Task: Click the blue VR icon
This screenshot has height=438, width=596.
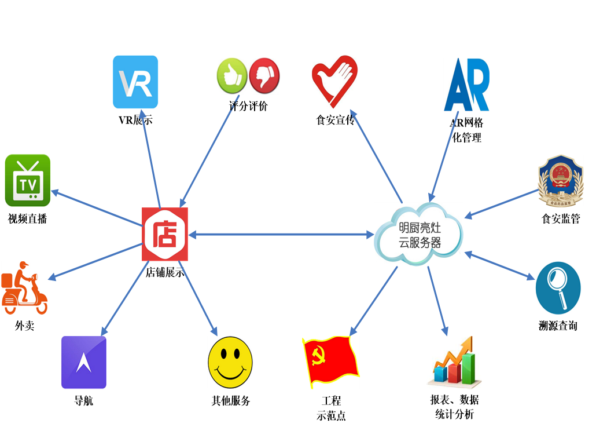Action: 135,82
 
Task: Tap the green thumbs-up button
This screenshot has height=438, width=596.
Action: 232,76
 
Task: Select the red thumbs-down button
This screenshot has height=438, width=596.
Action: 264,76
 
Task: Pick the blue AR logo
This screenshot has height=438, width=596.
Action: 467,85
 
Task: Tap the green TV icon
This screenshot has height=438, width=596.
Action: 28,181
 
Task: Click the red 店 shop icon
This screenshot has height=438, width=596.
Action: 165,234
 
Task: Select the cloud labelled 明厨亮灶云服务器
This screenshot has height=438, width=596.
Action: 419,235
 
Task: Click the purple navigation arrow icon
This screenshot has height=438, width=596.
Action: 84,362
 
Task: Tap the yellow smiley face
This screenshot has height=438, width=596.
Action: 230,362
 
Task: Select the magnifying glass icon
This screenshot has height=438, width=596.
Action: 558,288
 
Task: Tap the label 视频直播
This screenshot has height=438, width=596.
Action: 27,219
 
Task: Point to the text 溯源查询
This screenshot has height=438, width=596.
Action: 558,326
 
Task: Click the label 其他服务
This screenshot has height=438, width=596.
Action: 230,401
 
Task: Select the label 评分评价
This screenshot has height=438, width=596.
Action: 248,107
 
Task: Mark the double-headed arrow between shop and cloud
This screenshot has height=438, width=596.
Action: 281,234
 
